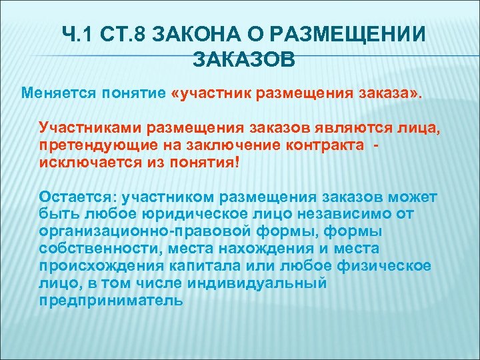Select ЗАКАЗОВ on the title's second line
(243, 59)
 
